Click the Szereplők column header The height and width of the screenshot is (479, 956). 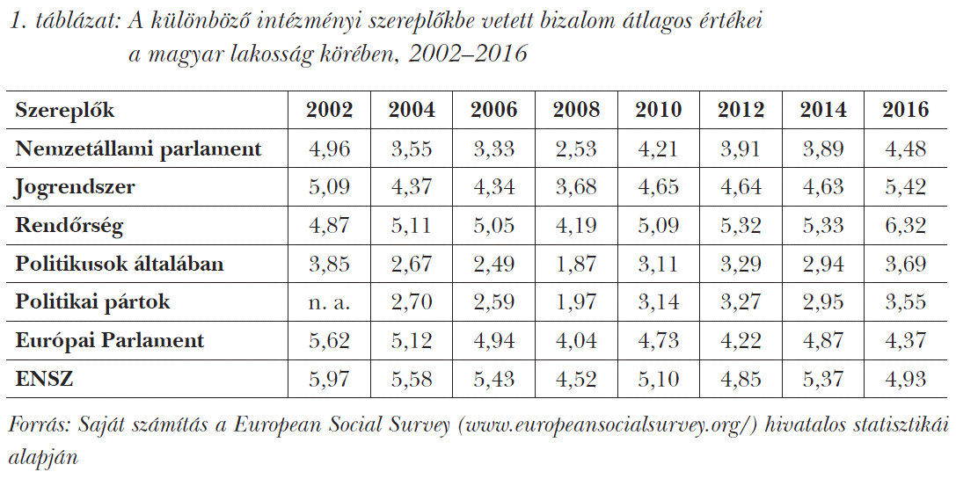65,111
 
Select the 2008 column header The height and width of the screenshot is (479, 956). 576,111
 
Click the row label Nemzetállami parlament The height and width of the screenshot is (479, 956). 139,149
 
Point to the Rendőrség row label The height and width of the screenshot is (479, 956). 69,225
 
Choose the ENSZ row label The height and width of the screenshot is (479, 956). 44,379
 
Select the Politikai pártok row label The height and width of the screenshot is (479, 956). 93,301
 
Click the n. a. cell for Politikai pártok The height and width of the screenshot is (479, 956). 329,302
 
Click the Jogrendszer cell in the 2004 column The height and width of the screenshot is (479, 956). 411,187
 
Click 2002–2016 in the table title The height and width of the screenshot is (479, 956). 468,54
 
